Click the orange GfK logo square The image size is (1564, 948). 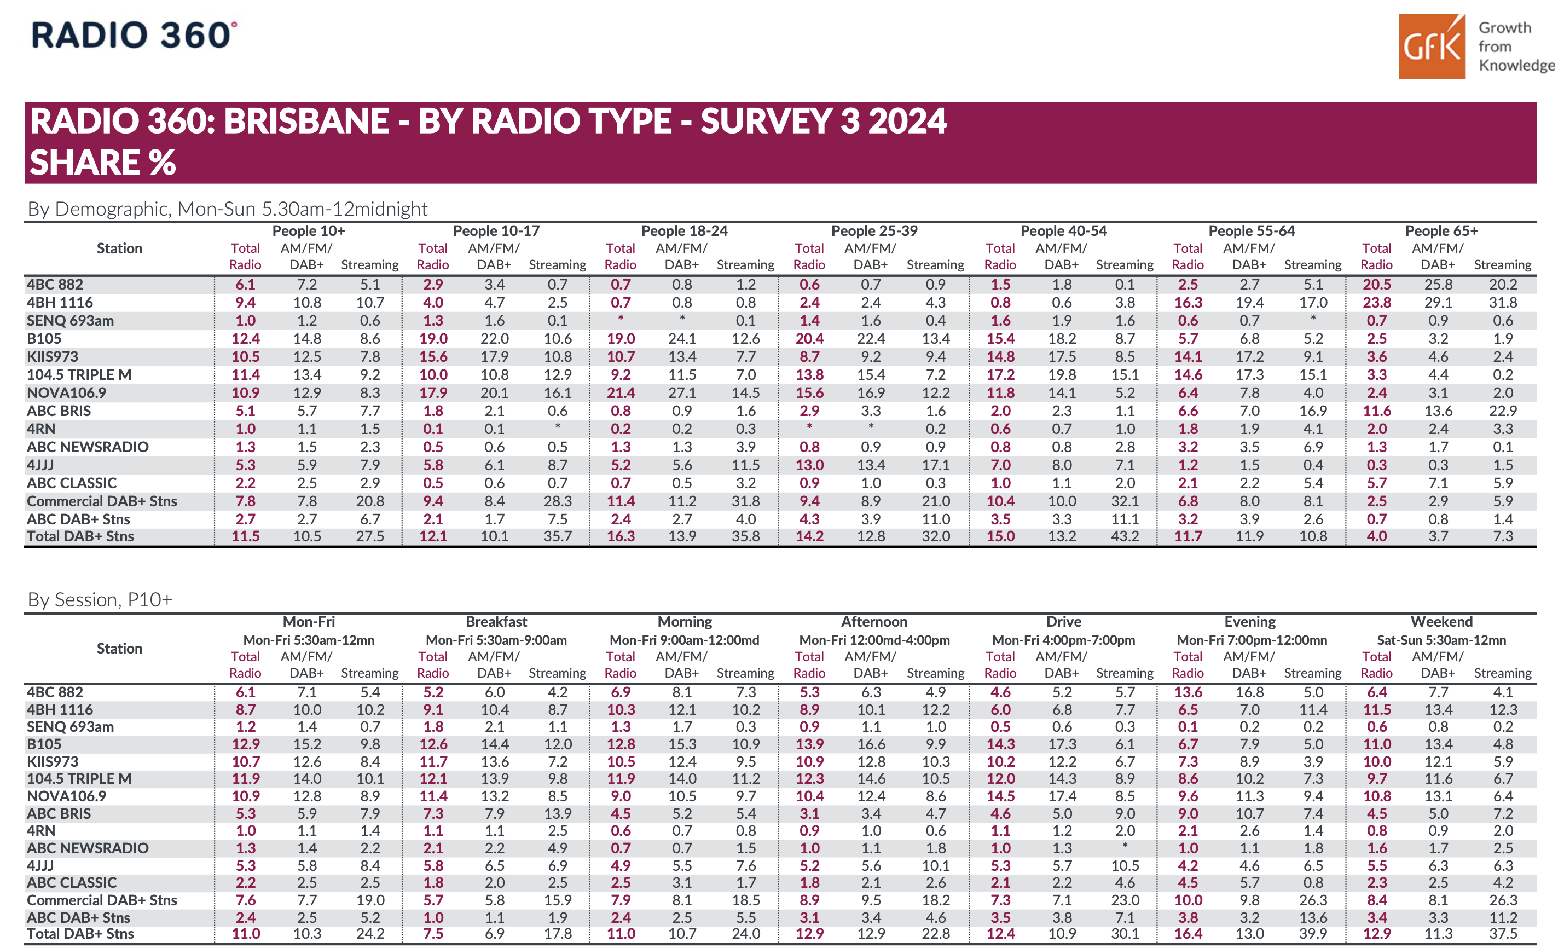click(x=1432, y=47)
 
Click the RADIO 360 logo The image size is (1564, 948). click(x=134, y=35)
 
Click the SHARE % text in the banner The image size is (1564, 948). click(x=103, y=162)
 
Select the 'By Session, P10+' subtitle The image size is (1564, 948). click(x=100, y=599)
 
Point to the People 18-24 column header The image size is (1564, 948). click(x=684, y=230)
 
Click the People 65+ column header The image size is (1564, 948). click(x=1441, y=230)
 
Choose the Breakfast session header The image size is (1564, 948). click(x=496, y=622)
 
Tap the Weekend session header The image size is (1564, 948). click(x=1441, y=622)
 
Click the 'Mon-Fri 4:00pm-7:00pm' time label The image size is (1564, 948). click(x=1063, y=640)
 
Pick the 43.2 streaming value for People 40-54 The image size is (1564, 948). click(x=1125, y=536)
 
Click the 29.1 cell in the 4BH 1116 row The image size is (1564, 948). click(x=1438, y=302)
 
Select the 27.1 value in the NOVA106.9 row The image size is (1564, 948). click(x=682, y=393)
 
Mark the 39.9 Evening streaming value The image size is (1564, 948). click(x=1313, y=934)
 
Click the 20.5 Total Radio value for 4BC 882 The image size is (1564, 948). click(x=1377, y=285)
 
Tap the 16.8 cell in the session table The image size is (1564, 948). click(x=1250, y=692)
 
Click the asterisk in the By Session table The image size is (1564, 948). click(x=1125, y=846)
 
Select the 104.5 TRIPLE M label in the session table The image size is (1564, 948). click(x=79, y=778)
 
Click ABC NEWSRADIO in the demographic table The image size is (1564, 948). click(x=88, y=447)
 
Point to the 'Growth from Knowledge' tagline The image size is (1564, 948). click(x=1516, y=47)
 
